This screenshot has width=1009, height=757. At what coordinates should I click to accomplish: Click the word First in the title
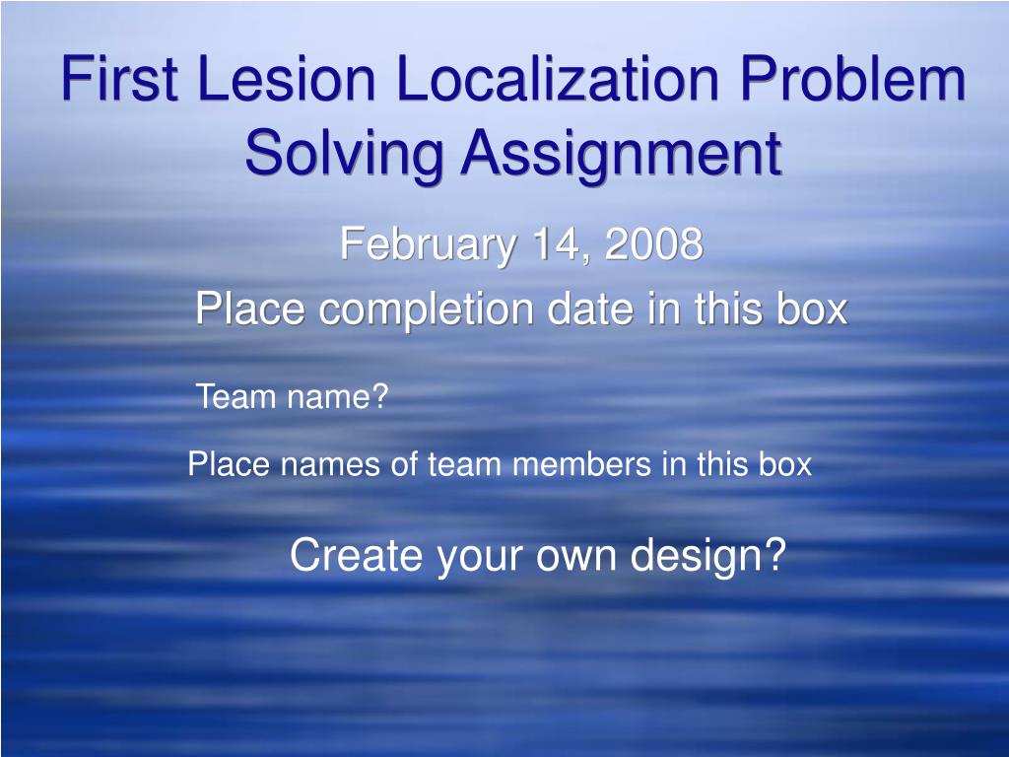[x=119, y=78]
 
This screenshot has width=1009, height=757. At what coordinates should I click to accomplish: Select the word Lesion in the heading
[x=287, y=78]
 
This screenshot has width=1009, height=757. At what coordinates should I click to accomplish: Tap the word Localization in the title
[x=558, y=78]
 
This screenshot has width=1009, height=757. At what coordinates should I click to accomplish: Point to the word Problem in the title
[x=852, y=78]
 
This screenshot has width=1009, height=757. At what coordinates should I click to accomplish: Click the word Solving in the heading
[x=344, y=154]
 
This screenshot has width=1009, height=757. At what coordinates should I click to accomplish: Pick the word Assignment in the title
[x=622, y=154]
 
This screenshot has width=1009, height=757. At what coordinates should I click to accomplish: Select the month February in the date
[x=428, y=245]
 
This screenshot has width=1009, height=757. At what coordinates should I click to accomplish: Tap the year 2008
[x=654, y=244]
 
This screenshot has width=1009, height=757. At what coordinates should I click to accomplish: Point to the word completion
[x=426, y=310]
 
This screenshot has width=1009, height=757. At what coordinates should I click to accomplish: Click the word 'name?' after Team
[x=338, y=396]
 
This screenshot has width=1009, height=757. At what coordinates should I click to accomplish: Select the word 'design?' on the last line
[x=707, y=556]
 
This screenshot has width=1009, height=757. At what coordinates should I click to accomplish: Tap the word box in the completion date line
[x=812, y=309]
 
